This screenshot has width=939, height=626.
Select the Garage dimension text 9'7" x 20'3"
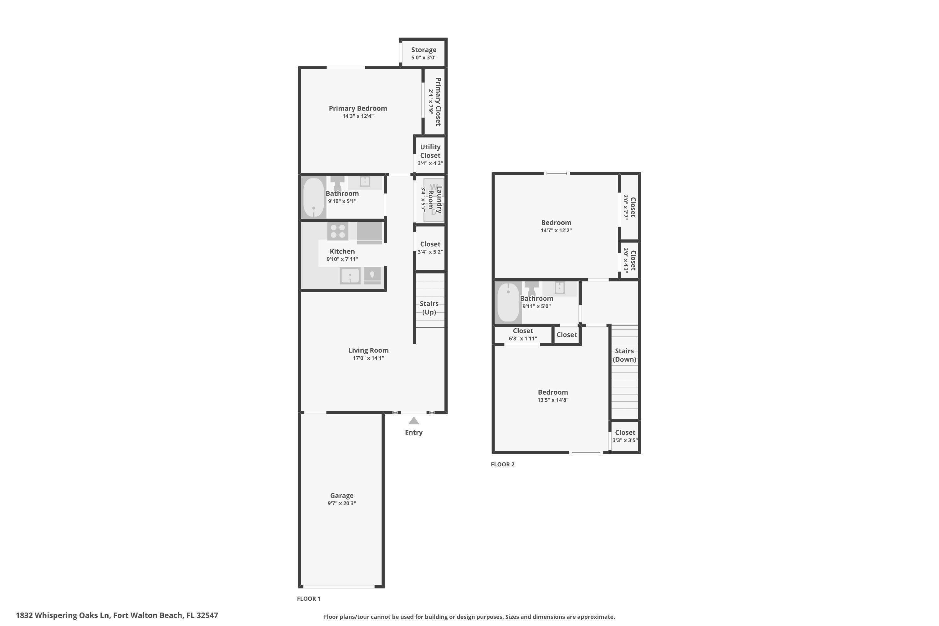(342, 503)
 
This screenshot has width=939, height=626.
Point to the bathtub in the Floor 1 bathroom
(314, 198)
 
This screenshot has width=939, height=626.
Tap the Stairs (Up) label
(429, 308)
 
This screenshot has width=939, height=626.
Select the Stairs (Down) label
(624, 355)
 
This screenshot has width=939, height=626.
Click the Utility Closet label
(430, 151)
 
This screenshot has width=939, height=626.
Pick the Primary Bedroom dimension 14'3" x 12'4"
(358, 116)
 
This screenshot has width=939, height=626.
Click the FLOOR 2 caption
(503, 464)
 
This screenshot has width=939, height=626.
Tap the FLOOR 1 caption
(309, 598)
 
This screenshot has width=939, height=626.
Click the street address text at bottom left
(117, 615)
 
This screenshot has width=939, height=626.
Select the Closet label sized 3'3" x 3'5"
(625, 432)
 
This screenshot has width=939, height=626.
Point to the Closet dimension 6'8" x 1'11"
(523, 339)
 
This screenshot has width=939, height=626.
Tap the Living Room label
(368, 350)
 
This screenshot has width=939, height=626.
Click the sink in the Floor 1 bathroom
(365, 182)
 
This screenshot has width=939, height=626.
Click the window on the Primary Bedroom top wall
(346, 68)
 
